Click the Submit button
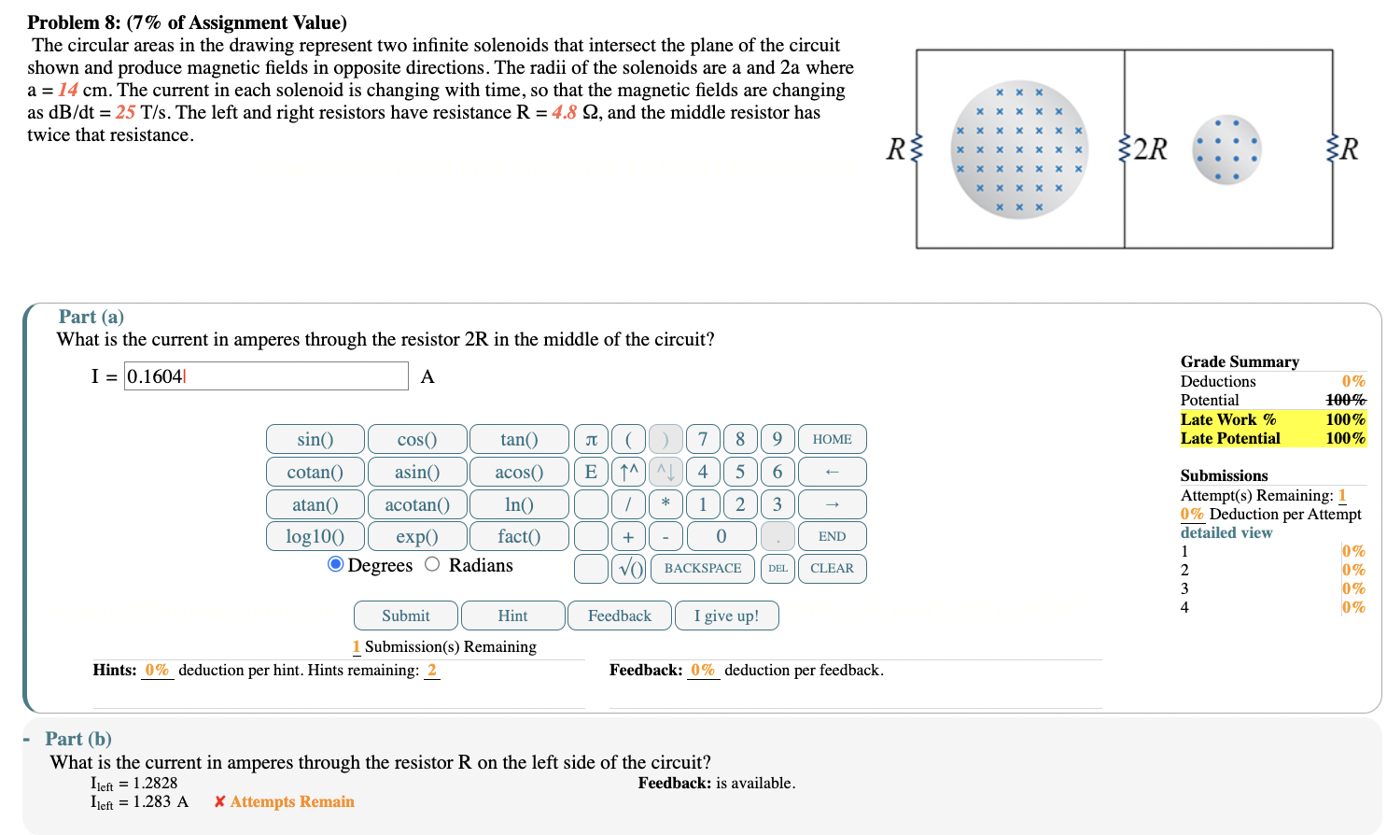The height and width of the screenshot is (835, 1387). coord(405,616)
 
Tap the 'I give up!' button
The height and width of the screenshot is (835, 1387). coord(725,616)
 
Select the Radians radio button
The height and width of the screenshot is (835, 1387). coord(432,564)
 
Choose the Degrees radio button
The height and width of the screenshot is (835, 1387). coord(336,564)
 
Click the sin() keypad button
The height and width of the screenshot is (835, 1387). coord(315,439)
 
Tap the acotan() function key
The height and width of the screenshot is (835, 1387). coord(416,504)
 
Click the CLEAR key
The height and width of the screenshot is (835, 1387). coord(831,568)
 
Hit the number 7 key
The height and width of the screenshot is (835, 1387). coord(702,439)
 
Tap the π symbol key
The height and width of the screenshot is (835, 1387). coord(591,439)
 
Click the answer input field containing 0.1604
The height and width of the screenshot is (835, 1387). coord(266,376)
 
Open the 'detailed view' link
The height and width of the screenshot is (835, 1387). coord(1226,532)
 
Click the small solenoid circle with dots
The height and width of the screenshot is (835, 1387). coord(1226,149)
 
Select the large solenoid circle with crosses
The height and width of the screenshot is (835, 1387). coord(1018,149)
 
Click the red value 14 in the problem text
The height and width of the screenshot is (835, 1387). coord(68,90)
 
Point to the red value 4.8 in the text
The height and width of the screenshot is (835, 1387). coord(564,112)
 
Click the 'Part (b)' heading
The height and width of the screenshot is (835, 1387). coord(78,739)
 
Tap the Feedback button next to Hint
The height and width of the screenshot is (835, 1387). coord(619,616)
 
